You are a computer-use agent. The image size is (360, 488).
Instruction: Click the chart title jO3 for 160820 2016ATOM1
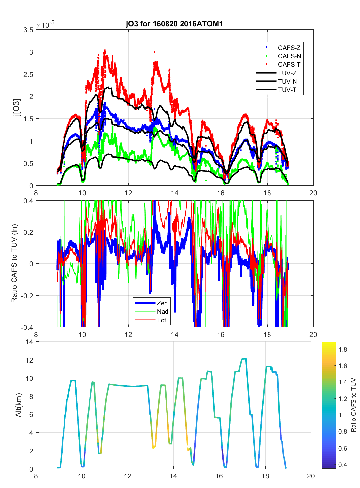tap(174, 24)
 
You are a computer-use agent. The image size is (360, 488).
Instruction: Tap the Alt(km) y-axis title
tap(18, 405)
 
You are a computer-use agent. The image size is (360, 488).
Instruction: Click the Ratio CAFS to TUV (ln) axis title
tap(14, 263)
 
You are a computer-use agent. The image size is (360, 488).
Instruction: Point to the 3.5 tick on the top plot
tap(28, 30)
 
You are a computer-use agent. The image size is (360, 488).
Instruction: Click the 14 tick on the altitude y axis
tap(29, 342)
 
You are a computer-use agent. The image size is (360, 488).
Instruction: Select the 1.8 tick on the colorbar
tap(343, 350)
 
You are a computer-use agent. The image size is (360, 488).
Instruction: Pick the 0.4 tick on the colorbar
tap(343, 465)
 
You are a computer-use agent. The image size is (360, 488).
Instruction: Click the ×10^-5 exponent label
tap(45, 25)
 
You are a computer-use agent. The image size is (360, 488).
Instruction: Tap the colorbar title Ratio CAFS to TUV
tap(354, 405)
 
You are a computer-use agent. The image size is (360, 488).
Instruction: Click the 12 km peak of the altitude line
tap(244, 359)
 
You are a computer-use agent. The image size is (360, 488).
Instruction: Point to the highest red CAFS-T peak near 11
tap(105, 50)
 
